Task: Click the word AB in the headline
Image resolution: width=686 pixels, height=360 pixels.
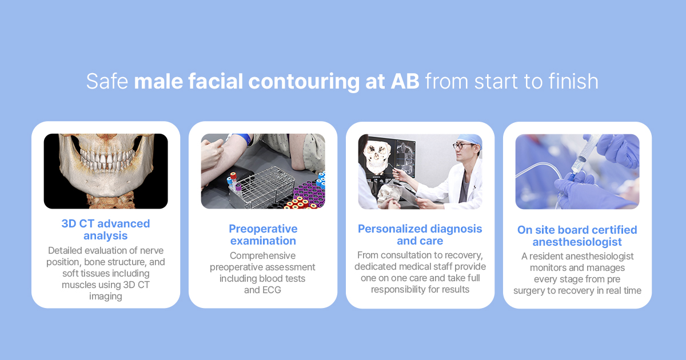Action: point(405,81)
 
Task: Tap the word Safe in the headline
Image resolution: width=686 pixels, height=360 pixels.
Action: point(107,81)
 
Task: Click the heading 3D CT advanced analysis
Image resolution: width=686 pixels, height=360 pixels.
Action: point(106,230)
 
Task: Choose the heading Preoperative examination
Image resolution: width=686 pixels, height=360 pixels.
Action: point(263,235)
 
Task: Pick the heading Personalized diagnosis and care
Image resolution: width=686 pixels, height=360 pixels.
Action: point(420,235)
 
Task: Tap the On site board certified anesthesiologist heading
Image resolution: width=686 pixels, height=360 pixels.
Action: point(577,235)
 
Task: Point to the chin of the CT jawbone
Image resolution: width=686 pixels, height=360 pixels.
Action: point(106,187)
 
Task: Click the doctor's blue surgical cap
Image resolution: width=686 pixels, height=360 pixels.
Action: point(470,139)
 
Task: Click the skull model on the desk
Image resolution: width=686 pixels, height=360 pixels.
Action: point(388,196)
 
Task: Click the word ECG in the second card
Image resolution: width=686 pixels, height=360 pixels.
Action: point(272,290)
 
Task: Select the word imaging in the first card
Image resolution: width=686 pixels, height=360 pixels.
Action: point(106,297)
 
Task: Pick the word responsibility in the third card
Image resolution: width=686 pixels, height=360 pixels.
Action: point(404,290)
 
